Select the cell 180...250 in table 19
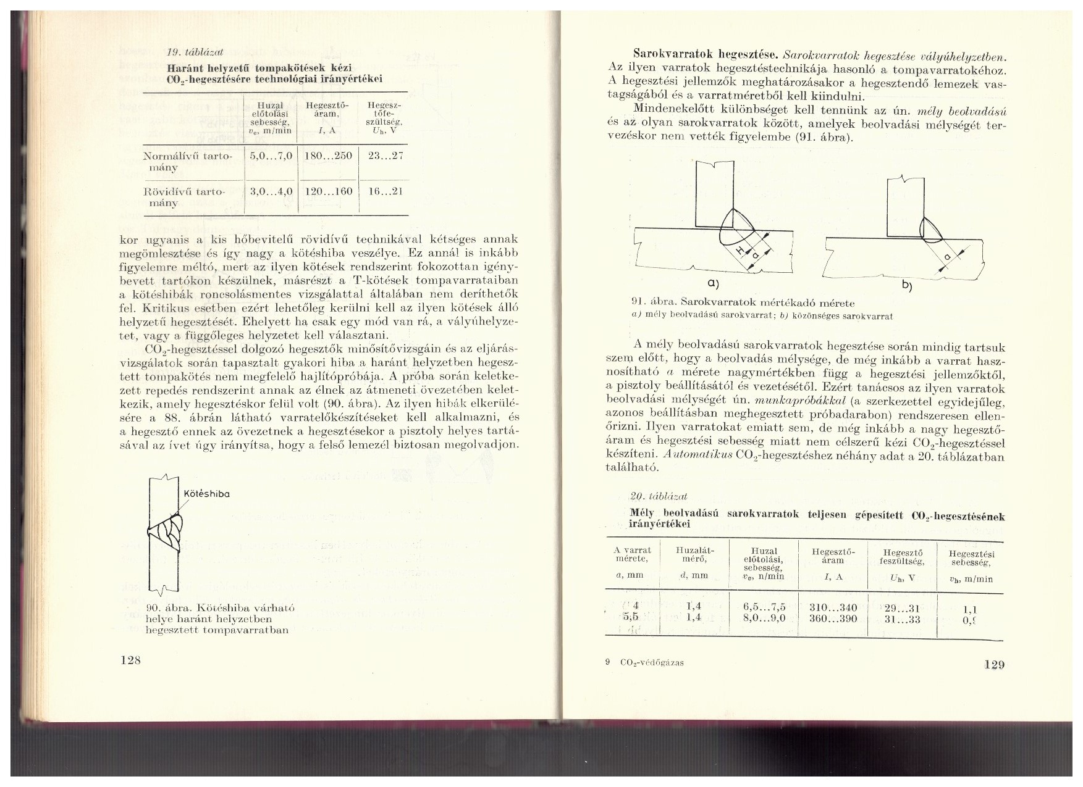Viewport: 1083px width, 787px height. point(328,156)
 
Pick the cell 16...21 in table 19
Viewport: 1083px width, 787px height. point(385,191)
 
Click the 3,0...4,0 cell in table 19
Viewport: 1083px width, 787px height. point(271,191)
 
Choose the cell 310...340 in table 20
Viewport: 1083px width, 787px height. point(833,607)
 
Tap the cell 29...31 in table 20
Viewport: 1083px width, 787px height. point(903,607)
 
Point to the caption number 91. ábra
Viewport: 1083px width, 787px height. point(649,303)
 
